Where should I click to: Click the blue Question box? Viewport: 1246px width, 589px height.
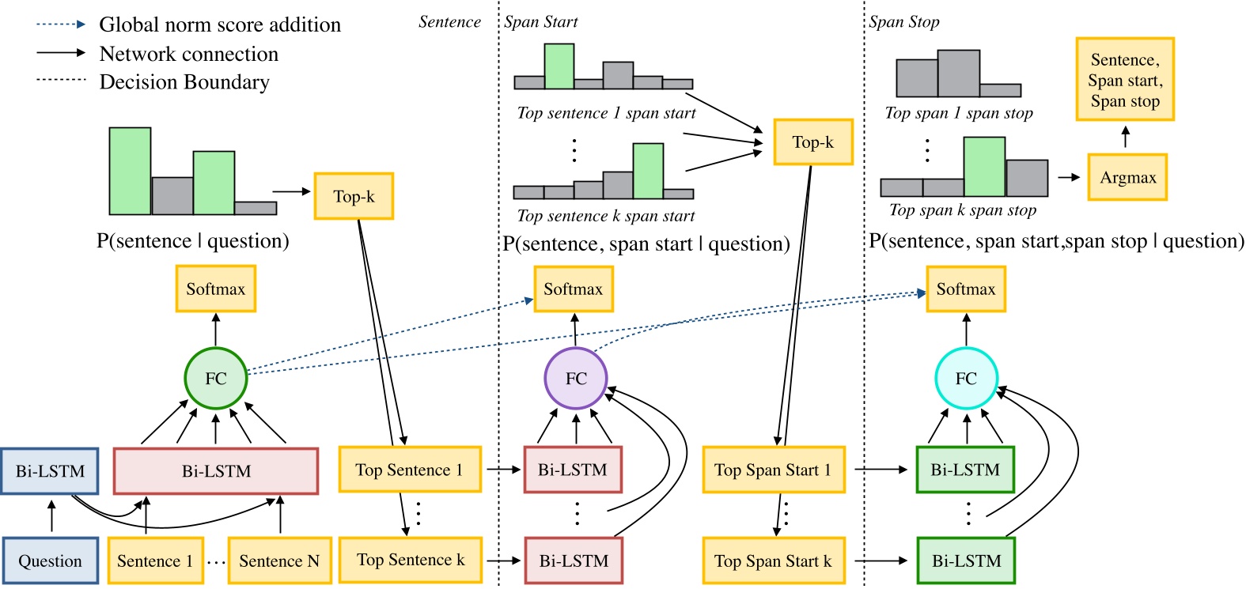(x=50, y=561)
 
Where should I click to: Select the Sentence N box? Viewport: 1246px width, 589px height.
(x=279, y=561)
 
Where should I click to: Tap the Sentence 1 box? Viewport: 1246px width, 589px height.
(x=155, y=561)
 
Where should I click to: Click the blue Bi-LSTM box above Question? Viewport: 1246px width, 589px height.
(x=50, y=471)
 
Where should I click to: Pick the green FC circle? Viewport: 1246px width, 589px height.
(x=216, y=379)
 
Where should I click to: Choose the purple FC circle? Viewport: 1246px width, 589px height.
(x=576, y=379)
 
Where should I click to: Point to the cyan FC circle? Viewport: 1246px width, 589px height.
(x=966, y=379)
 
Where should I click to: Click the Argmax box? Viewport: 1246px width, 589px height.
(x=1127, y=177)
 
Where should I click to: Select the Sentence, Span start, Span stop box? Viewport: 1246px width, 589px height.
(x=1124, y=80)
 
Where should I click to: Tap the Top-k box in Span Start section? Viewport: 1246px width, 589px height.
(x=812, y=142)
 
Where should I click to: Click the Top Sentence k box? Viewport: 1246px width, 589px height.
(x=410, y=560)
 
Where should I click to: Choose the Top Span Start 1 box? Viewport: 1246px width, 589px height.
(x=773, y=470)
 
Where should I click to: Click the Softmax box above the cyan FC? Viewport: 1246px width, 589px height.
(x=965, y=289)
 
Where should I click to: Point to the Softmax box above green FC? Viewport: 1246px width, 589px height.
(x=215, y=289)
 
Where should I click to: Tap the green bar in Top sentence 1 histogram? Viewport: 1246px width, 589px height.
(x=559, y=66)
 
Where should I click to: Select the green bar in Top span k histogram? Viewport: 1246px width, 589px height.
(x=984, y=167)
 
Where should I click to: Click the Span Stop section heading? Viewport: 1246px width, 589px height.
(x=904, y=22)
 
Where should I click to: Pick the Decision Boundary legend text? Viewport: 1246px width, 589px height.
(x=184, y=82)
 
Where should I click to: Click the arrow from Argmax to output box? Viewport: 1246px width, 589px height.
(x=1126, y=137)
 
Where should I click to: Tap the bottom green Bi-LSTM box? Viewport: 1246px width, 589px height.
(x=966, y=561)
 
